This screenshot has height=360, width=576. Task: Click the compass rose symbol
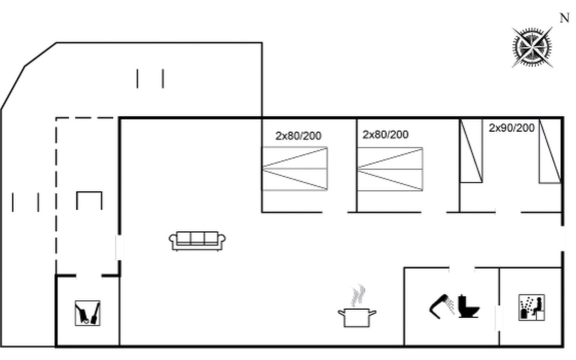tap(532, 47)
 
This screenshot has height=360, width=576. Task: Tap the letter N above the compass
tap(565, 18)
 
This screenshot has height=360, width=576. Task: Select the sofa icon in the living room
tap(197, 241)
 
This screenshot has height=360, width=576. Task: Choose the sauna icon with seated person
tap(532, 307)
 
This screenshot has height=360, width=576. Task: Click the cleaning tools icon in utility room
tap(88, 313)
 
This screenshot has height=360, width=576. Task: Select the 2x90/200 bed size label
tap(511, 128)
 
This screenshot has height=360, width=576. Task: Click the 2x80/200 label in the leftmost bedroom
tap(298, 136)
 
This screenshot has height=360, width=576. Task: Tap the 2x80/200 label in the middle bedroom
tap(385, 135)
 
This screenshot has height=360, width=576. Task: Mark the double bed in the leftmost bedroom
tap(295, 169)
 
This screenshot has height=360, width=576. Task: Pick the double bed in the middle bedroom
tap(390, 169)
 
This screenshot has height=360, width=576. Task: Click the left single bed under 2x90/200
tap(471, 151)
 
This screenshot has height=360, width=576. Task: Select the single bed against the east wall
tap(550, 151)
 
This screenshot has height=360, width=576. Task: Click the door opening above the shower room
tap(462, 268)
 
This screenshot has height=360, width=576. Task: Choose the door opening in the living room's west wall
tap(120, 247)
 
